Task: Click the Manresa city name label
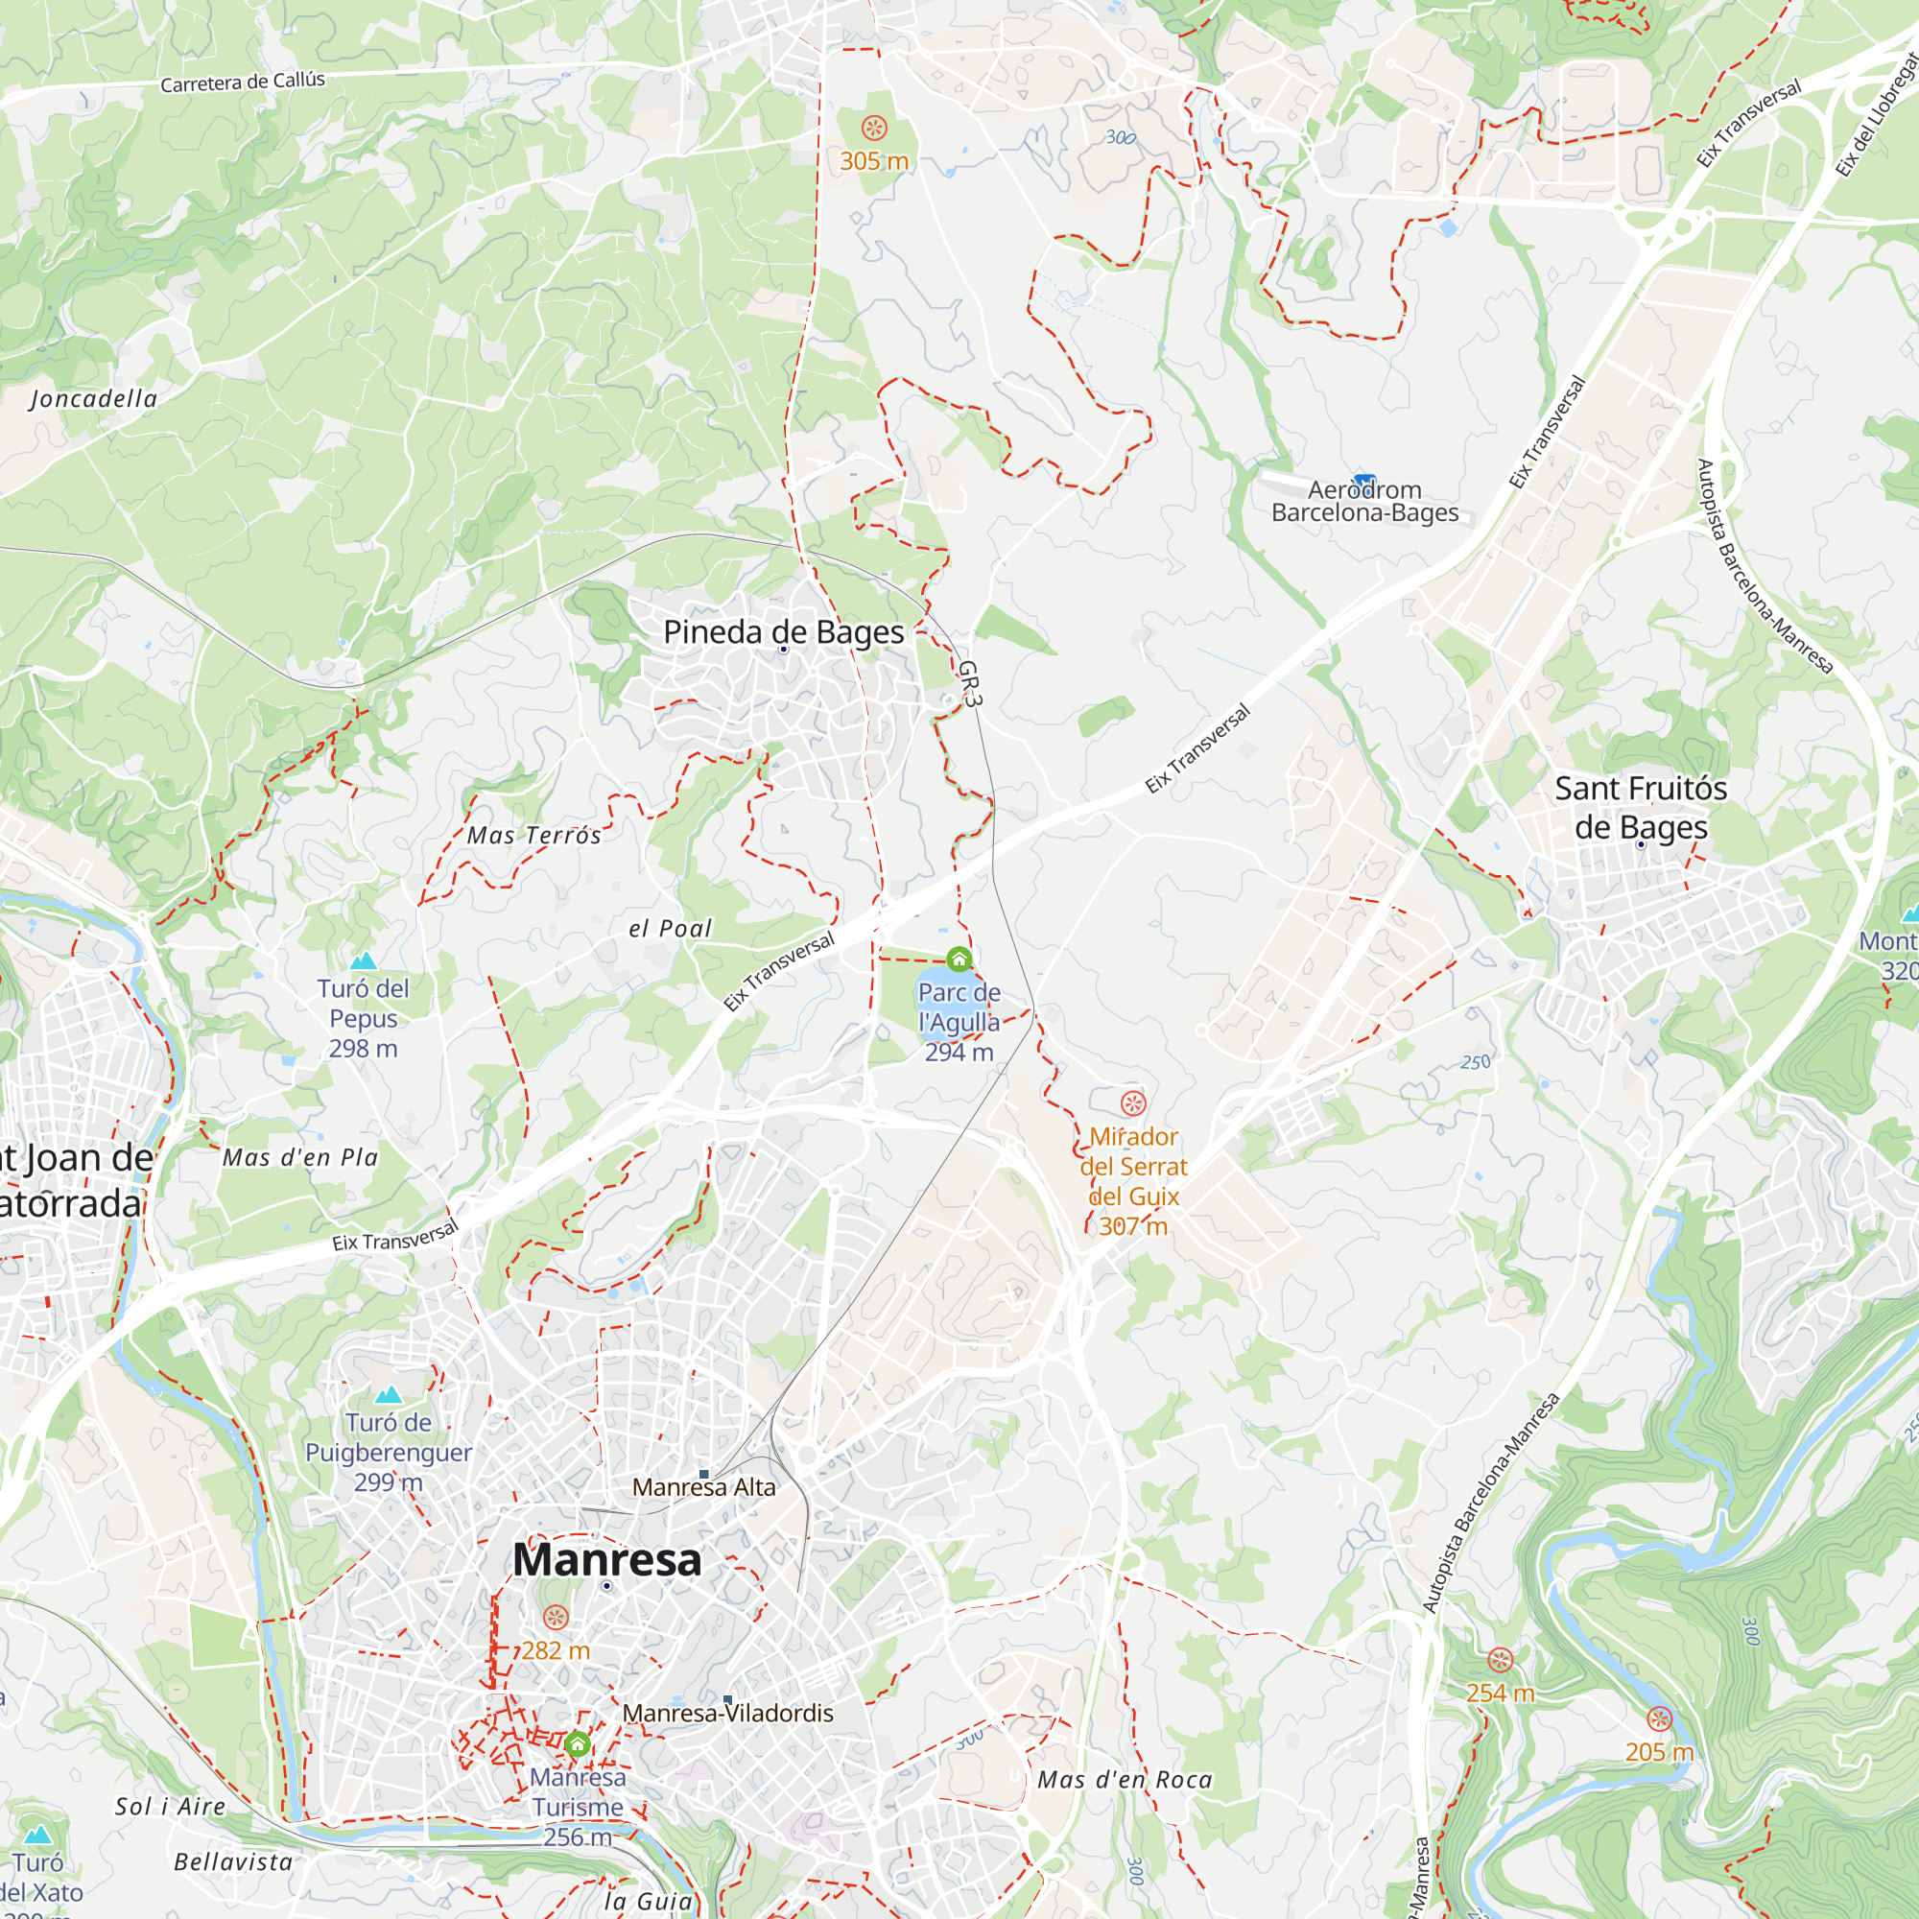click(x=607, y=1559)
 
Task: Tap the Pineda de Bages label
click(x=783, y=631)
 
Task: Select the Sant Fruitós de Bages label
click(x=1640, y=808)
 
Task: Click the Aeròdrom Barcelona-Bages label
click(x=1364, y=502)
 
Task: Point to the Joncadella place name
click(x=93, y=399)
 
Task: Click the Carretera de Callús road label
click(x=243, y=82)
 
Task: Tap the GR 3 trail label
click(x=968, y=684)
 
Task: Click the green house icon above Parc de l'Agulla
click(x=959, y=959)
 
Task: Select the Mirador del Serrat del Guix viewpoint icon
click(x=1133, y=1102)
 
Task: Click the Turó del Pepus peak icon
click(x=364, y=960)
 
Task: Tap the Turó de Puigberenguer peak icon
click(x=389, y=1394)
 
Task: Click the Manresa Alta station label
click(x=703, y=1487)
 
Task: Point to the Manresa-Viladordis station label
click(x=728, y=1713)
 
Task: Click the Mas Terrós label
click(x=534, y=836)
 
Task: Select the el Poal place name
click(x=671, y=929)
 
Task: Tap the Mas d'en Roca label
click(x=1125, y=1779)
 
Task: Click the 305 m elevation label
click(x=874, y=161)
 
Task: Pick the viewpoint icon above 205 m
click(x=1660, y=1718)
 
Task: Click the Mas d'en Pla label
click(x=300, y=1157)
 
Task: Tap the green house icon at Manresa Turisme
click(x=578, y=1743)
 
